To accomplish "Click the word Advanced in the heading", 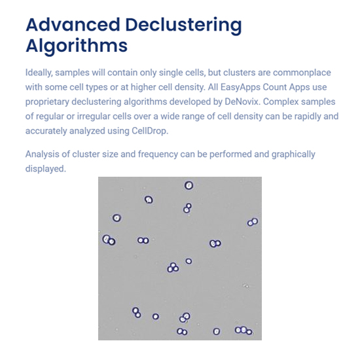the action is [73, 25].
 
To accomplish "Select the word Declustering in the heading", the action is [184, 26].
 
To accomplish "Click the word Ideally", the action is [39, 73].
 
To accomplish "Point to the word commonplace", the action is [302, 73].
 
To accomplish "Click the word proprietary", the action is [47, 101].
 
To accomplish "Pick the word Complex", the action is [281, 101].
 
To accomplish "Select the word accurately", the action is [46, 131].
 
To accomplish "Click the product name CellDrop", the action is [150, 131].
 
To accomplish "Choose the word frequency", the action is [158, 154].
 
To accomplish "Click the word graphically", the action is [293, 154].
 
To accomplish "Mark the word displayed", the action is [46, 169].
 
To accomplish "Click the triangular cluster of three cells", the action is [173, 268].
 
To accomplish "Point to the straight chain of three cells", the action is [243, 331].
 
